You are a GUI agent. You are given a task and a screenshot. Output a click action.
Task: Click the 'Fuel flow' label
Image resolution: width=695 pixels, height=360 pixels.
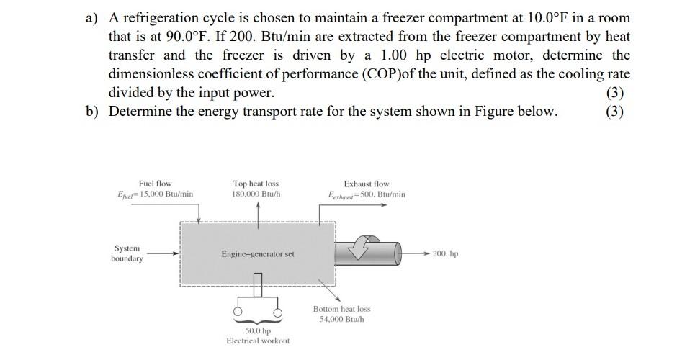pos(155,184)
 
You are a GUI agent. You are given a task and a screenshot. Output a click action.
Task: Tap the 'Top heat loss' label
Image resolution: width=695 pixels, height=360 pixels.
pos(256,184)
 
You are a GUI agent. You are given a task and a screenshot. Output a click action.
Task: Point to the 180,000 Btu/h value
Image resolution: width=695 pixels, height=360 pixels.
pos(256,194)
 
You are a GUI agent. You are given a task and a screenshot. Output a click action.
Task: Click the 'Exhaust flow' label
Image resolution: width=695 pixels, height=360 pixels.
pos(366,184)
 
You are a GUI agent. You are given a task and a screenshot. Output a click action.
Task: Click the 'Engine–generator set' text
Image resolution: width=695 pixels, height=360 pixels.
pos(258,254)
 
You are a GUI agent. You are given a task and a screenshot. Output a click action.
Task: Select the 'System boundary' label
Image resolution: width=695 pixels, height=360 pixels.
pos(126,253)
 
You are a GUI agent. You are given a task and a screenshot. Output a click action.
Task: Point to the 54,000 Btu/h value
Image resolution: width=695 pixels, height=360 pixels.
pos(341,319)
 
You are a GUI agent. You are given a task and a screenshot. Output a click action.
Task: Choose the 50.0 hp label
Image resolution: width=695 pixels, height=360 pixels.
pos(258,330)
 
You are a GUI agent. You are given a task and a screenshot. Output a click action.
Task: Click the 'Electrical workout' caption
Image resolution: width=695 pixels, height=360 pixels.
pos(258,341)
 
